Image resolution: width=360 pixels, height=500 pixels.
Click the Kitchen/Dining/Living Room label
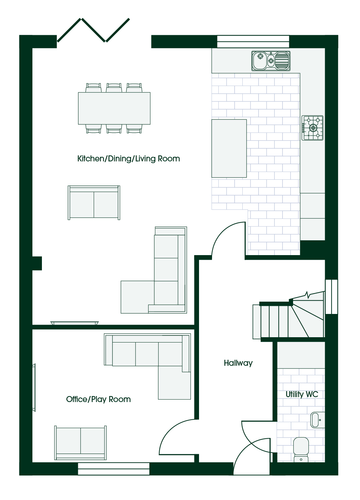pos(129,159)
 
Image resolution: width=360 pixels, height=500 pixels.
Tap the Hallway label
pos(238,363)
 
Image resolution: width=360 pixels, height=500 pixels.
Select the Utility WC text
pos(302,394)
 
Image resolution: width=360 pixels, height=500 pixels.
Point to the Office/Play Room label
pos(98,399)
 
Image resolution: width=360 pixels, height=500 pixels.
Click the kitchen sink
pos(271,61)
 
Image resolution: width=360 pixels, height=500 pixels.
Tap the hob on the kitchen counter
pos(312,128)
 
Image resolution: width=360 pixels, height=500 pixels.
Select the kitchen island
pos(229,148)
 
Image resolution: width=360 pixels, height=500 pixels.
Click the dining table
pos(114,108)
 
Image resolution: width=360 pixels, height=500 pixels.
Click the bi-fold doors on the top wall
pos(93,30)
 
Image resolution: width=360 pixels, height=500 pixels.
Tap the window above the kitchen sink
pos(253,42)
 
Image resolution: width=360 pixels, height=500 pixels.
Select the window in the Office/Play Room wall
pos(114,469)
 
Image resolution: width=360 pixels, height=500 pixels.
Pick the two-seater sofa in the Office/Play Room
pos(80,443)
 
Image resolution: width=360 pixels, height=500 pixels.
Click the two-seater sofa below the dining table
pos(94,203)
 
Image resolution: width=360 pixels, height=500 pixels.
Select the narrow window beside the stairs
pos(331,297)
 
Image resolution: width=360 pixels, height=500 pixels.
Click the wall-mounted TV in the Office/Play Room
pos(34,388)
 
